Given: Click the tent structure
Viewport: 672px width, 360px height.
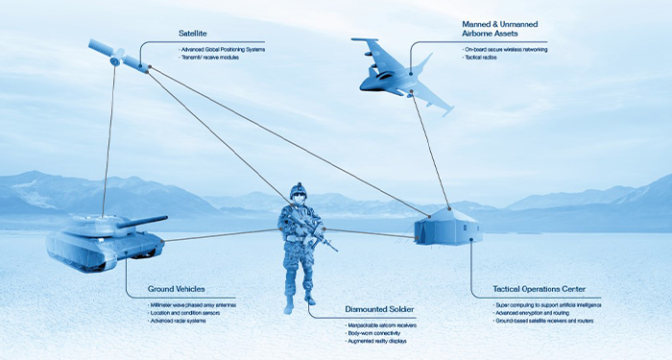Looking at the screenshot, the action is [x=446, y=228].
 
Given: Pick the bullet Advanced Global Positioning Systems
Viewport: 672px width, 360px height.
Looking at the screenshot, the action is [x=223, y=48].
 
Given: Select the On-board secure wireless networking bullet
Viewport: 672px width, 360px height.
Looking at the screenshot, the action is [x=506, y=49].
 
